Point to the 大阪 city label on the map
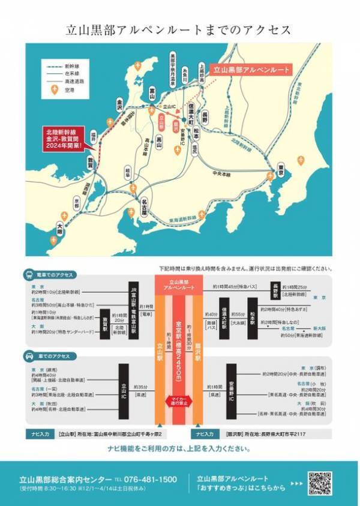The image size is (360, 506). tap(59, 228)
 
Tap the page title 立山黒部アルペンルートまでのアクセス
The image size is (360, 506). tap(179, 30)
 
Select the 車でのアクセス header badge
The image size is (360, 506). tap(55, 355)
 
